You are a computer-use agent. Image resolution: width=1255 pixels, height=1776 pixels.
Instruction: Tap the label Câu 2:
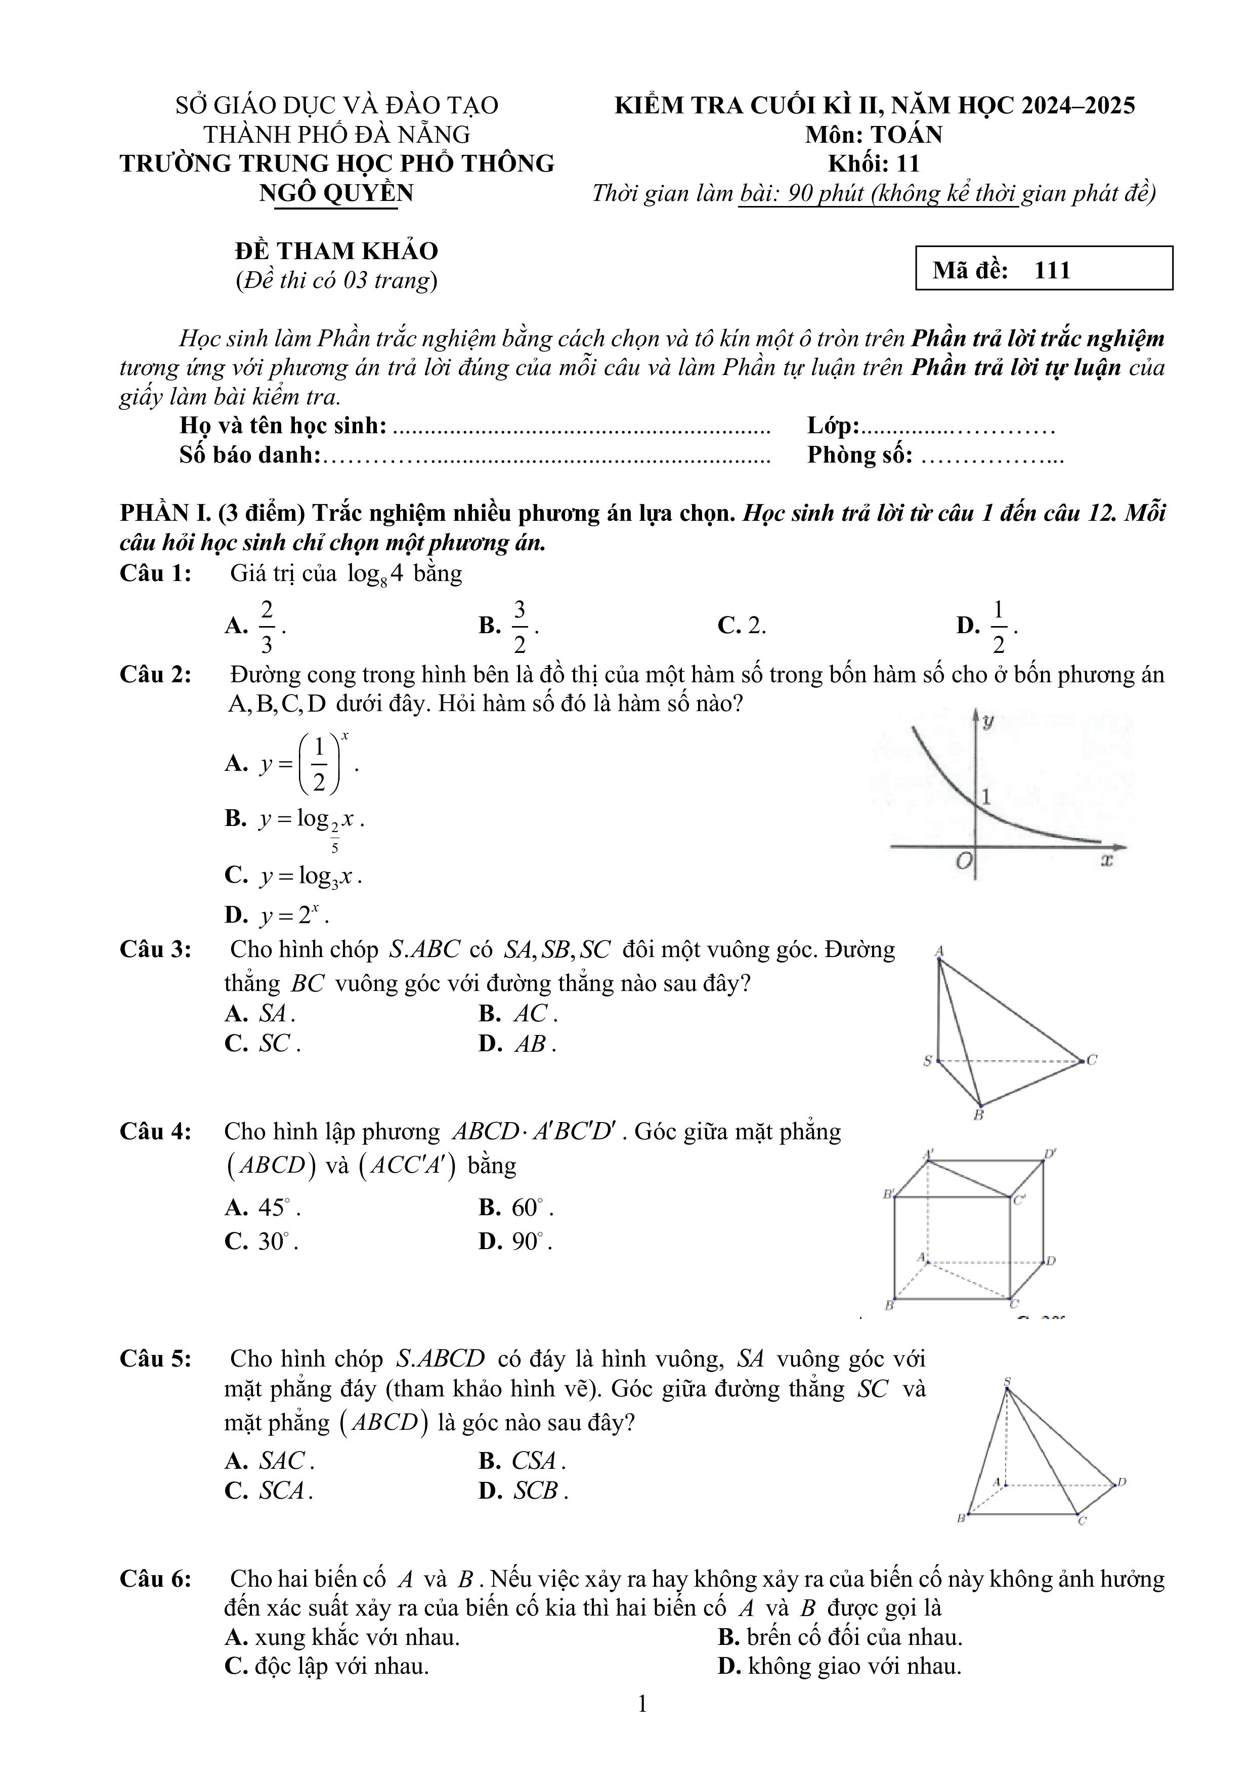(x=155, y=675)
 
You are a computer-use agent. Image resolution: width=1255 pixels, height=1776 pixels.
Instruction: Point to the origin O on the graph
(x=963, y=860)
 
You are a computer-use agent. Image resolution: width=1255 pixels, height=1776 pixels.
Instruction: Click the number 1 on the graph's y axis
(x=985, y=796)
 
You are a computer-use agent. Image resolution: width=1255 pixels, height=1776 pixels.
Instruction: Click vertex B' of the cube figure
(x=889, y=1193)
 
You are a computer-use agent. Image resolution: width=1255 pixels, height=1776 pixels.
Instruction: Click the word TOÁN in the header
(x=907, y=135)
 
